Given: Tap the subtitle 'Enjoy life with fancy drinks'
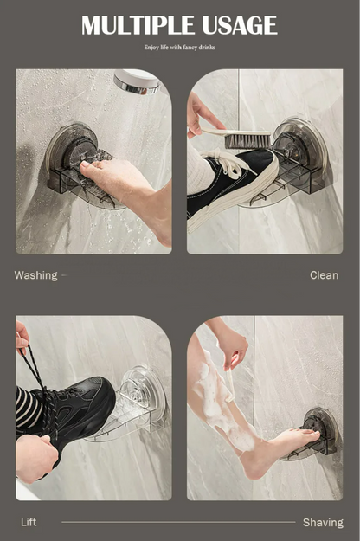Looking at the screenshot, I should pyautogui.click(x=179, y=48).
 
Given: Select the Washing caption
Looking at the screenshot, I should pyautogui.click(x=35, y=275).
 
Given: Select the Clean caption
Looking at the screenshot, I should pyautogui.click(x=324, y=275).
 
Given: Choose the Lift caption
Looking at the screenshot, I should pyautogui.click(x=29, y=522).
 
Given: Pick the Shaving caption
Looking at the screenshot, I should pyautogui.click(x=322, y=522).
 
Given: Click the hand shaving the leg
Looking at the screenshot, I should pyautogui.click(x=229, y=347).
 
